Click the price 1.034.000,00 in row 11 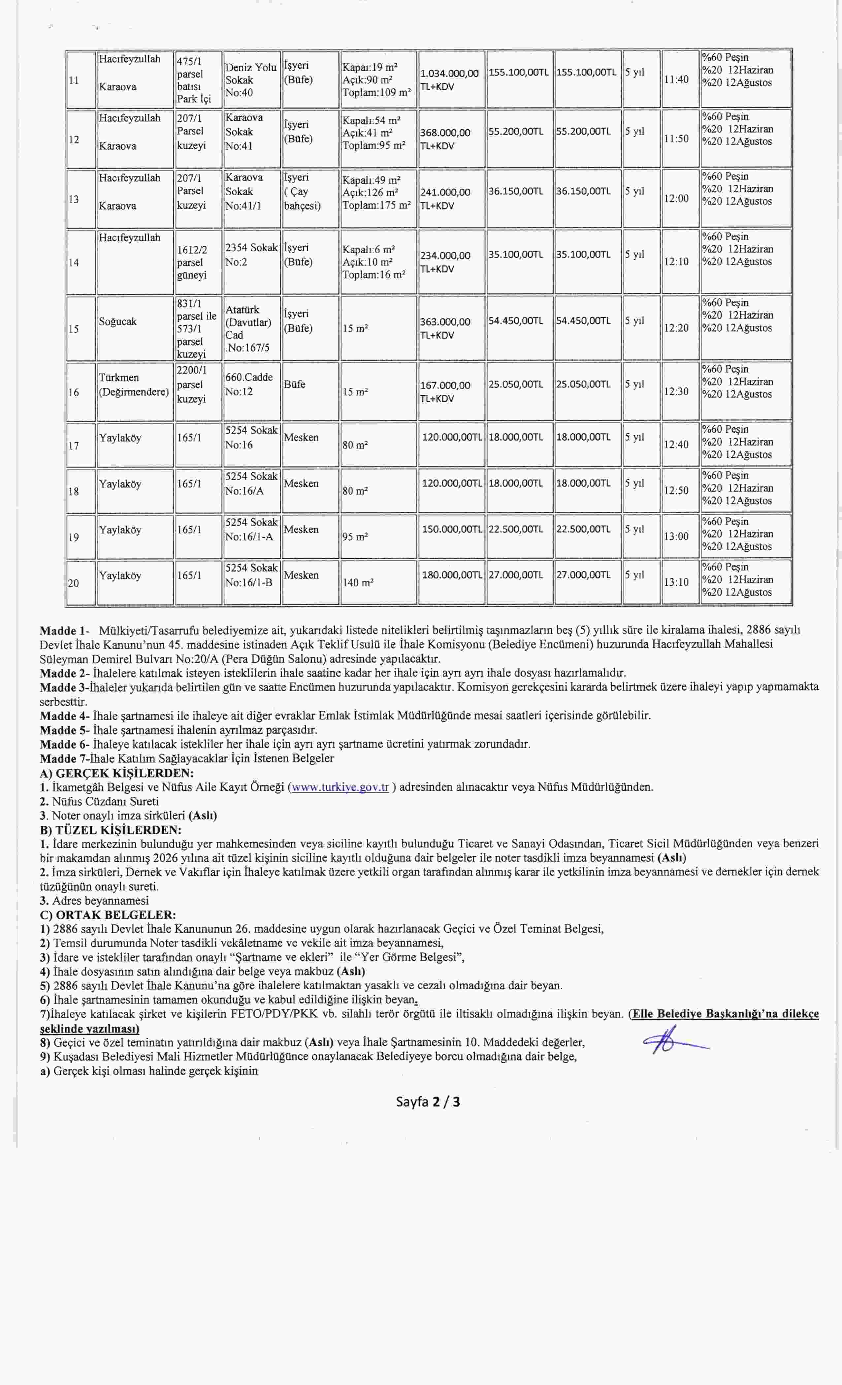click(449, 74)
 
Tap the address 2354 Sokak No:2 click(251, 255)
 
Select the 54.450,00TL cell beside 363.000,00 click(515, 321)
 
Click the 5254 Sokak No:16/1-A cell click(251, 530)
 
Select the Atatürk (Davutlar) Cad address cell click(248, 328)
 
